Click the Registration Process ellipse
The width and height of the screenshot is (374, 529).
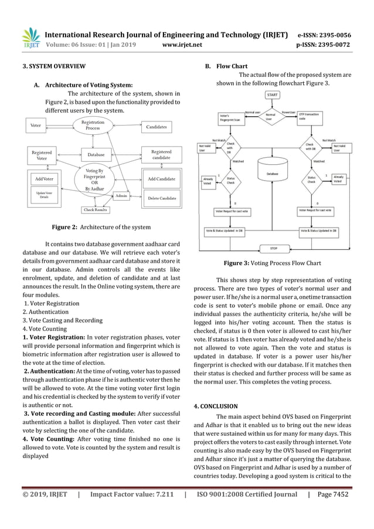pos(93,125)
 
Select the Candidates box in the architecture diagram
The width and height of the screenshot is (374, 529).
pos(156,126)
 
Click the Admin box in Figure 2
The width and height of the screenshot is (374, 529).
pos(121,195)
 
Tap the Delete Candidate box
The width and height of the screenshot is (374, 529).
pos(162,198)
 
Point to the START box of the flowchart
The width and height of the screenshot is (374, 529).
pos(273,94)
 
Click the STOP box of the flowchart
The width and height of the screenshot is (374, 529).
pos(273,247)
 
